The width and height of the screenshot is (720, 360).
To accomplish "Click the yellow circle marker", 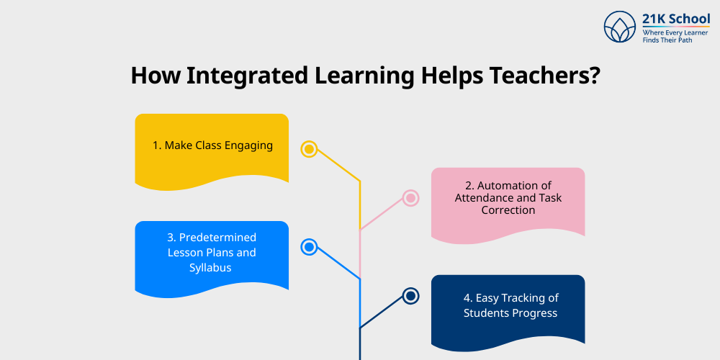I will tap(309, 149).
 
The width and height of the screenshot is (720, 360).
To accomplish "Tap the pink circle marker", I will tap(410, 198).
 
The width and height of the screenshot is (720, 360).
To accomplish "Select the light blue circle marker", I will tap(309, 247).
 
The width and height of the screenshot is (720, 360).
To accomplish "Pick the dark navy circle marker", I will tap(410, 296).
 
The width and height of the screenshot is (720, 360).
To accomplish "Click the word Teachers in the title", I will tap(543, 76).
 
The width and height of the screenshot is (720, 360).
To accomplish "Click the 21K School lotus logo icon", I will tap(621, 27).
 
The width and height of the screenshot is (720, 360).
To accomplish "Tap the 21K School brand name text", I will tap(676, 19).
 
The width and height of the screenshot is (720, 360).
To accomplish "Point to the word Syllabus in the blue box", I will tap(212, 268).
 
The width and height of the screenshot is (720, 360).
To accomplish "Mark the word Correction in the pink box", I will tap(508, 210).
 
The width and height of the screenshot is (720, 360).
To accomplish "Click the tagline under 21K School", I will tap(675, 37).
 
